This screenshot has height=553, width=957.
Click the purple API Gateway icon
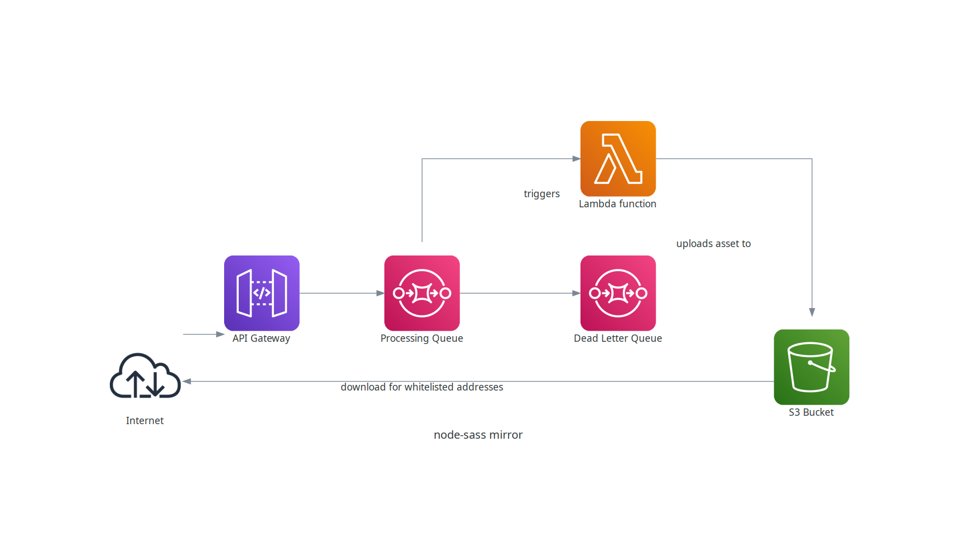262,293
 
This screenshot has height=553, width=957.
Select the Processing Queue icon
422,293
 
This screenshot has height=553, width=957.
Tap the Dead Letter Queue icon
618,293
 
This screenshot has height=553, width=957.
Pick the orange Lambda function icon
618,159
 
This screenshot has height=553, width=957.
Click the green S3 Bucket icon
811,367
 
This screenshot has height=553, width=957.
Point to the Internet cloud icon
145,377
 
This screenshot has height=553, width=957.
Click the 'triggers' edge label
541,194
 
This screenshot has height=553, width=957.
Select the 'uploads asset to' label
713,244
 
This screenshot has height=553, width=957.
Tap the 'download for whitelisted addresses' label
422,387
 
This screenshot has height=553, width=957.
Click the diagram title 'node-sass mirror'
478,435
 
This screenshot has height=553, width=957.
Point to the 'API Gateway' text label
261,338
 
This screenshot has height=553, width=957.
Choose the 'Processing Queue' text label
422,338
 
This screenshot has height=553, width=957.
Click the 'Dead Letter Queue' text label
618,338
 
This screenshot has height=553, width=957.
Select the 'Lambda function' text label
617,204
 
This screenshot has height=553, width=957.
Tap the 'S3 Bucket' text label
811,412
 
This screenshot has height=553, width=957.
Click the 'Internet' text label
145,421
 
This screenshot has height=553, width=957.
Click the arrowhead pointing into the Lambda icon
577,159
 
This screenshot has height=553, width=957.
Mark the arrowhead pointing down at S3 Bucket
812,313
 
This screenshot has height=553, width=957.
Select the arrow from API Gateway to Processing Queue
342,293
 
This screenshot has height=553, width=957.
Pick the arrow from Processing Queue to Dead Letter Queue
520,293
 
